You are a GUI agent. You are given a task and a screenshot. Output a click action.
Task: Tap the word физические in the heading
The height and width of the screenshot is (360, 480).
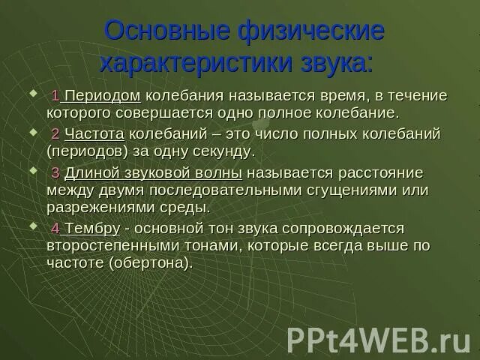pyautogui.click(x=316, y=31)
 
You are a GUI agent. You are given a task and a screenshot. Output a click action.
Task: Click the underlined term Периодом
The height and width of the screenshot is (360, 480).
pyautogui.click(x=103, y=97)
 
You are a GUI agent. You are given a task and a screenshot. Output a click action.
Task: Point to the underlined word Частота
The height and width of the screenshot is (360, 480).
pyautogui.click(x=94, y=134)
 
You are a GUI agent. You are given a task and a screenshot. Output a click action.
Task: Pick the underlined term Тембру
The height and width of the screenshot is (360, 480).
pyautogui.click(x=92, y=228)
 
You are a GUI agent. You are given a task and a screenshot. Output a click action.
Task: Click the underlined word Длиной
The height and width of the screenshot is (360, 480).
pyautogui.click(x=89, y=172)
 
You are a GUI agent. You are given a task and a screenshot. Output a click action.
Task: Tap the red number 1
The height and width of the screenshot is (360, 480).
pyautogui.click(x=55, y=97)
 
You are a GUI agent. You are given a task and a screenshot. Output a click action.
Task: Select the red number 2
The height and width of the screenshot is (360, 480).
pyautogui.click(x=55, y=134)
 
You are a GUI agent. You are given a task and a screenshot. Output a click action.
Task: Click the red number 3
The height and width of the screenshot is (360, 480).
pyautogui.click(x=55, y=172)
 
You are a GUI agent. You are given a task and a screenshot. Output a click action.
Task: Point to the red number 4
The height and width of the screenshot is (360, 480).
pyautogui.click(x=55, y=228)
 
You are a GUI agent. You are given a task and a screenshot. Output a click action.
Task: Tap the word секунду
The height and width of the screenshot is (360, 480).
pyautogui.click(x=220, y=151)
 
